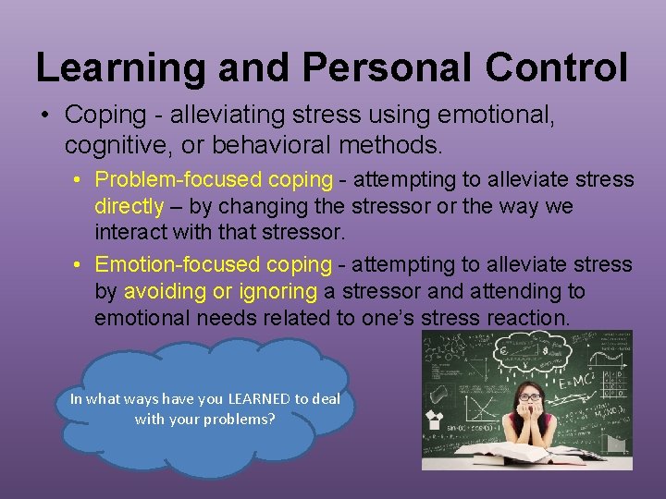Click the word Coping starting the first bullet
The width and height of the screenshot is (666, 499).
click(105, 116)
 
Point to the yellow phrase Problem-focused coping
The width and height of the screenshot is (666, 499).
click(214, 179)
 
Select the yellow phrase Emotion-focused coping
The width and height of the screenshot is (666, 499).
click(214, 265)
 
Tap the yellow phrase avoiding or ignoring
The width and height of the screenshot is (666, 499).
click(221, 292)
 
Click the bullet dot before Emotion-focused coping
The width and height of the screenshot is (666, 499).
click(81, 265)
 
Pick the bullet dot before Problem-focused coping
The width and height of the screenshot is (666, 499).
click(81, 179)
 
